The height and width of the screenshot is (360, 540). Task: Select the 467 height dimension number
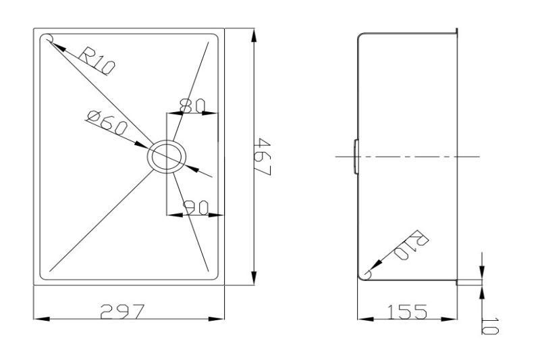click(x=264, y=157)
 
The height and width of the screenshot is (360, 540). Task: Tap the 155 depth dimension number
click(x=407, y=311)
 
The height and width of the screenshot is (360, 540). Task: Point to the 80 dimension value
click(x=193, y=105)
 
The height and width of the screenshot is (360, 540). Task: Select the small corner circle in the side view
click(x=368, y=274)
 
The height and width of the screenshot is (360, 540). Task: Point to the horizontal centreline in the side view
click(x=418, y=156)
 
